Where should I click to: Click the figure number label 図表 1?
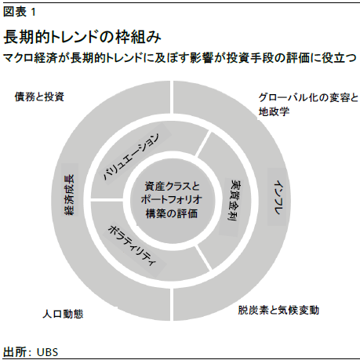tap(19, 12)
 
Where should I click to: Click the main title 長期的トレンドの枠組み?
tap(82, 37)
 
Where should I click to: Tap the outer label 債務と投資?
tap(39, 96)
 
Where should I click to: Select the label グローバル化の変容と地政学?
tap(308, 104)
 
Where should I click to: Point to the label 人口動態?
tap(63, 314)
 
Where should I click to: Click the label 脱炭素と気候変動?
tap(278, 310)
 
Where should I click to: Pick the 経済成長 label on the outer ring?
tap(70, 194)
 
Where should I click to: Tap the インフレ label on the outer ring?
tap(278, 198)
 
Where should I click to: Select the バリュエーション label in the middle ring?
tap(130, 157)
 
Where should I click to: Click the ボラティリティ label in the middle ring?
tap(133, 245)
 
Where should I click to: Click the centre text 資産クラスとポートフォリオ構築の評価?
tap(172, 200)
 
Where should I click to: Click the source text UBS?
tap(47, 352)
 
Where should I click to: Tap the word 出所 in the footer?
tap(15, 352)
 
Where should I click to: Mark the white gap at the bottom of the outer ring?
tap(172, 304)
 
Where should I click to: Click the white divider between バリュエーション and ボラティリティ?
tap(107, 201)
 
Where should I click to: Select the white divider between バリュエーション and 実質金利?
tap(202, 144)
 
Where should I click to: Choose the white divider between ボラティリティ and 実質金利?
tap(203, 257)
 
